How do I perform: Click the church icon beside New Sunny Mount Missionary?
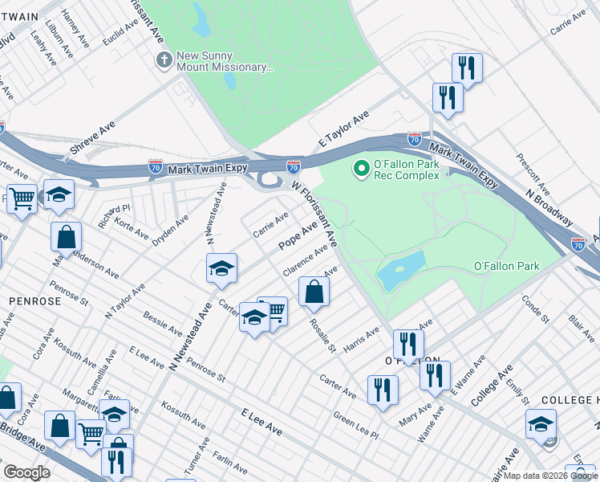(x=164, y=60)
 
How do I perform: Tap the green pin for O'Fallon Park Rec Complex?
(x=361, y=169)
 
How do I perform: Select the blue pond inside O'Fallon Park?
(x=401, y=271)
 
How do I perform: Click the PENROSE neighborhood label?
(x=34, y=300)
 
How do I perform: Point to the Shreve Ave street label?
(x=93, y=138)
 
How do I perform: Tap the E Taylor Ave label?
(x=343, y=129)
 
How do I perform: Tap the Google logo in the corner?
(x=26, y=472)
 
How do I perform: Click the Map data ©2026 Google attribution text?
(x=550, y=476)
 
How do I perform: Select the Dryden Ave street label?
(x=171, y=230)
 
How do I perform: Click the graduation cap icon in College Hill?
(x=541, y=423)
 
